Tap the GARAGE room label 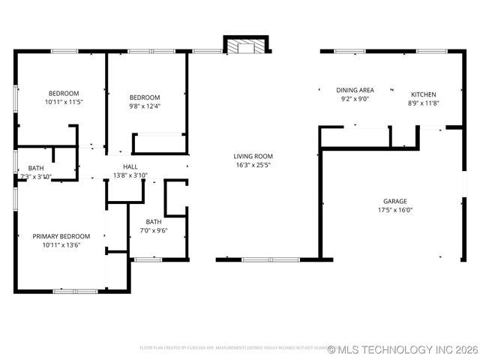pos(395,201)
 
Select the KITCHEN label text pos(423,94)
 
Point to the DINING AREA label pos(355,90)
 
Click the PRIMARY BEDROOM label pos(61,235)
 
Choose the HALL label pos(130,166)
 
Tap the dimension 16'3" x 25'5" pos(253,165)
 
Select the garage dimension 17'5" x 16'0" pos(395,210)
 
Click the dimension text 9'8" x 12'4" pos(145,106)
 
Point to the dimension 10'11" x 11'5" pos(64,101)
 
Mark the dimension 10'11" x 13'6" pos(61,244)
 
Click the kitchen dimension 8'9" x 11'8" pos(423,103)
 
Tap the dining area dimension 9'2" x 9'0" pos(355,99)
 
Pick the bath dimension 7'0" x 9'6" pos(154,230)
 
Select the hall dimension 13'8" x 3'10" pos(130,175)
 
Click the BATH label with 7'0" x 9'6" pos(154,221)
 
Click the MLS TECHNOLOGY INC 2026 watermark pos(406,349)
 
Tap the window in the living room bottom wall pos(270,259)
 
